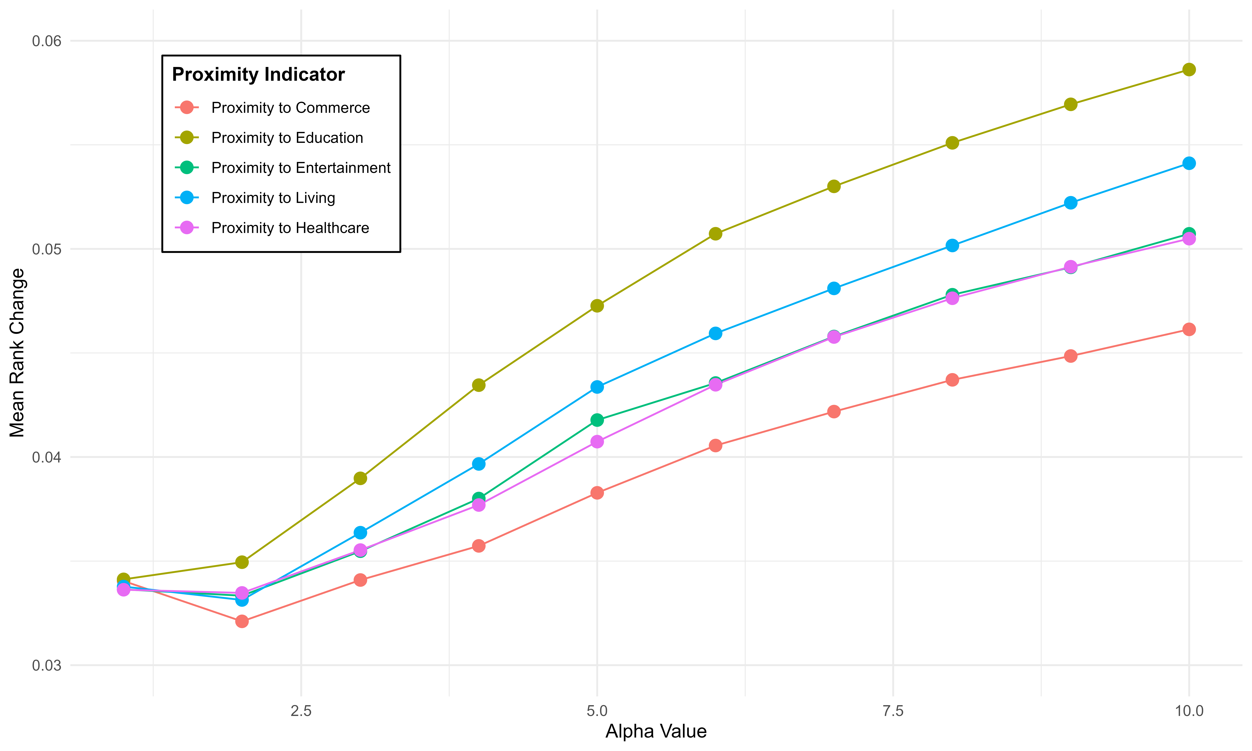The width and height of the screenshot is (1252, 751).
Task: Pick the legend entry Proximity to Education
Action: [x=287, y=138]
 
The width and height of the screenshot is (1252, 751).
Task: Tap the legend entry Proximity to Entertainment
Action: [x=301, y=168]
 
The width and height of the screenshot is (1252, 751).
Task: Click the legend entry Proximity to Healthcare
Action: [x=290, y=228]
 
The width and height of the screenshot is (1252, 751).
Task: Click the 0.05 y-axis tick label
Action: [x=46, y=249]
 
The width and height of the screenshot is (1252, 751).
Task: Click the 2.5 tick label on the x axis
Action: [x=301, y=711]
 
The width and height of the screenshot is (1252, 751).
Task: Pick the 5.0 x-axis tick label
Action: [x=597, y=711]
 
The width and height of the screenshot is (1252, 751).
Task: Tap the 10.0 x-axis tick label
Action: [x=1189, y=711]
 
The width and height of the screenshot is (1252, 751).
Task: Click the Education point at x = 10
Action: [x=1189, y=69]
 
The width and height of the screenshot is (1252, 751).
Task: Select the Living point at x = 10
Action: [x=1189, y=163]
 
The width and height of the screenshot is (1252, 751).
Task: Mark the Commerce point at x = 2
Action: [x=242, y=621]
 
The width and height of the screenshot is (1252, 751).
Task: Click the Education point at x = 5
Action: [x=597, y=306]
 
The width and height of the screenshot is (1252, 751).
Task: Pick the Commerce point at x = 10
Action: [x=1189, y=330]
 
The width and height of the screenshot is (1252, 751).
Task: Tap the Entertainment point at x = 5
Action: [x=597, y=420]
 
